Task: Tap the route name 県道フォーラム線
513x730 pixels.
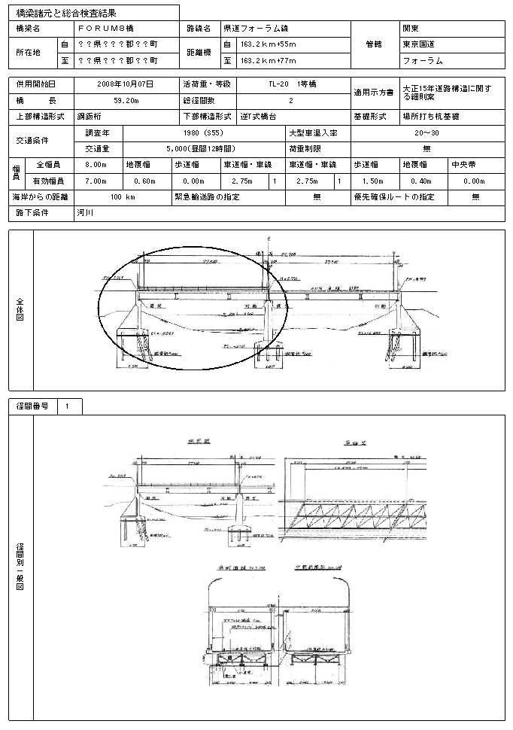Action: (x=256, y=28)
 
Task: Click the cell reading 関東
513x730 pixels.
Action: (x=411, y=28)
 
